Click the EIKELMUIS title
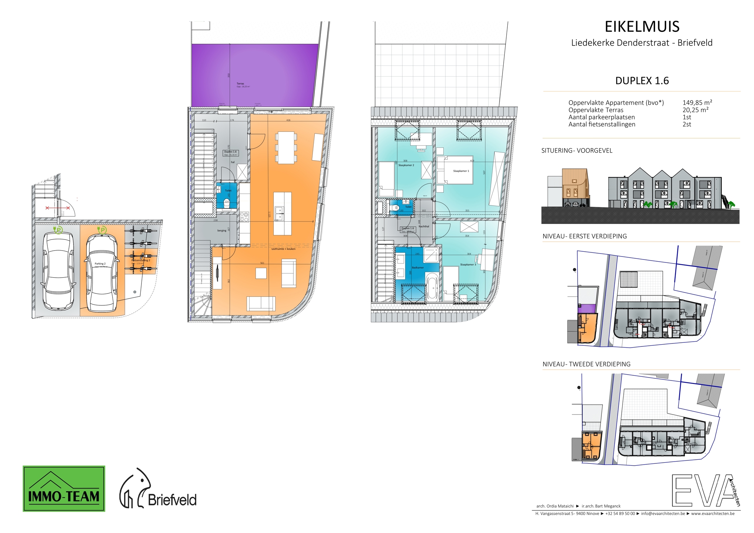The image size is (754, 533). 642,27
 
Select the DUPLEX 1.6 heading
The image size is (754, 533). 642,81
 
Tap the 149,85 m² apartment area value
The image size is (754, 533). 697,103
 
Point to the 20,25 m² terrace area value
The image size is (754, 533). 695,110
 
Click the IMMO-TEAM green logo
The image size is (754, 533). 64,489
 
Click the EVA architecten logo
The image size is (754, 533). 705,490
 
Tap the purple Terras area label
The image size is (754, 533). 240,84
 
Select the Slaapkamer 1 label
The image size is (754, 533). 461,171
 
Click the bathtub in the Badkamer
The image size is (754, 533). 432,287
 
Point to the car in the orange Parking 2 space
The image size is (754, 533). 101,273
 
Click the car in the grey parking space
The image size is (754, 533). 58,271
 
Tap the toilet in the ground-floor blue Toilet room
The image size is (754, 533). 227,204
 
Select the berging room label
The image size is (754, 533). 221,231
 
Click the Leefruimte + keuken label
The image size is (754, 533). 283,249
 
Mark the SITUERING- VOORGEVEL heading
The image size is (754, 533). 577,151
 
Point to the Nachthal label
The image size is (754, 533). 424,226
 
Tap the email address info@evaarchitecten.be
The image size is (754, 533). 663,514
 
